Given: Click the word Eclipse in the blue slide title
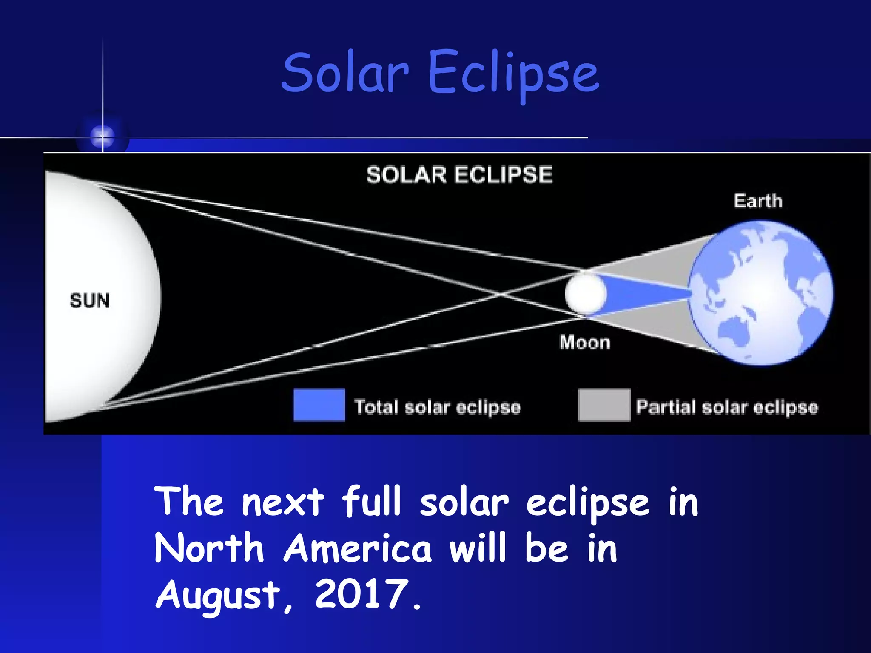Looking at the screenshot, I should pos(513,74).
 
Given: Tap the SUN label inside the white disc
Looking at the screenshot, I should pos(90,301).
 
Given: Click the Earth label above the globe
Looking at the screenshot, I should pos(758,201).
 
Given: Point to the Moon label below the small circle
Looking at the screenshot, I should pos(585,342).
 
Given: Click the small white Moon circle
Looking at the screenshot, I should pos(585,294).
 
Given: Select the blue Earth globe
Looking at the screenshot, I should pos(761,293).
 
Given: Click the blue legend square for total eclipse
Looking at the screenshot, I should pos(319,405).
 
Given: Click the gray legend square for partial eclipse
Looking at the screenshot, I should pos(604,405).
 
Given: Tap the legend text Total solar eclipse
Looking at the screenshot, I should pos(438,407).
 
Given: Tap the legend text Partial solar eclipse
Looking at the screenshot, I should pos(727,407).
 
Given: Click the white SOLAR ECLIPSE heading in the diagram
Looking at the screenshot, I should pos(459,175).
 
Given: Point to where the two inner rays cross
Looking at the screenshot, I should pos(501,294).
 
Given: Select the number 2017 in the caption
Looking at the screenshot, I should pos(361,594).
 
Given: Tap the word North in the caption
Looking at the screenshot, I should pos(209,548).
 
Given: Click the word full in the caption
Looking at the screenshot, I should pos(371,502).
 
